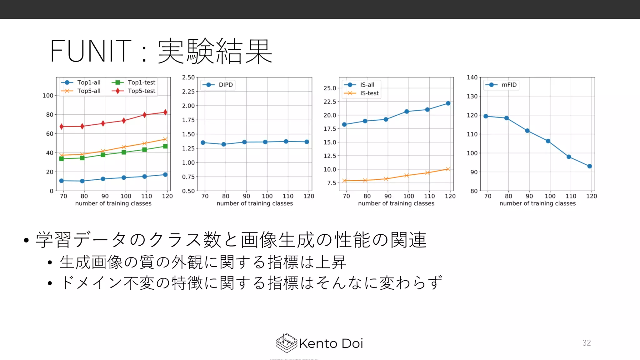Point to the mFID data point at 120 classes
[x=589, y=166]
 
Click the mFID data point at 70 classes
[x=486, y=116]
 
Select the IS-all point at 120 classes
[x=448, y=103]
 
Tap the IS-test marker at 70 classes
[x=344, y=181]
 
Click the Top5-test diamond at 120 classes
[x=165, y=112]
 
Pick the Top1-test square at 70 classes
[x=62, y=159]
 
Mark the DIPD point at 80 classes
[x=224, y=144]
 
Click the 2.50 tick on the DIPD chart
[x=188, y=77]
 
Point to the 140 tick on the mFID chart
[x=472, y=77]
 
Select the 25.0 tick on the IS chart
[x=330, y=88]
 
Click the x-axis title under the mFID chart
[x=537, y=203]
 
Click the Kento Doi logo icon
[x=286, y=343]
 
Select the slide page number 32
[x=587, y=343]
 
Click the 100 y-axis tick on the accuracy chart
[x=48, y=96]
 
